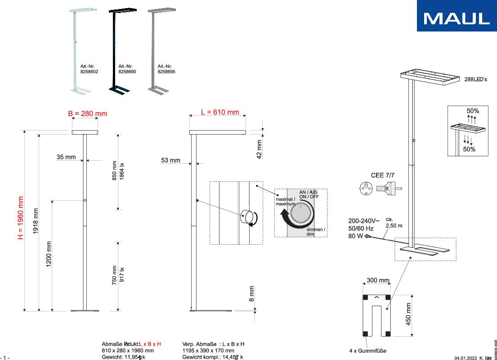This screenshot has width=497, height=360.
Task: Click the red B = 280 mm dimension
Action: (88, 114)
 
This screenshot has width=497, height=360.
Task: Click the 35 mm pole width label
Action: (66, 157)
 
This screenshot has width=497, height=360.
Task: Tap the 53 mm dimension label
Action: (171, 160)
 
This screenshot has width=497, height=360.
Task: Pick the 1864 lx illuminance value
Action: (121, 171)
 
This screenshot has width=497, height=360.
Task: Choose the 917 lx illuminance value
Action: (121, 275)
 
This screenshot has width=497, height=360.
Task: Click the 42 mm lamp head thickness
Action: (259, 149)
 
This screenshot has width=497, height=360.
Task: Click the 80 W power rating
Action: (356, 236)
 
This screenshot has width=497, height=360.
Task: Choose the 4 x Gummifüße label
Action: (367, 351)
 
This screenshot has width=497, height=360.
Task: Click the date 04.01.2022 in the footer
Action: (465, 358)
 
